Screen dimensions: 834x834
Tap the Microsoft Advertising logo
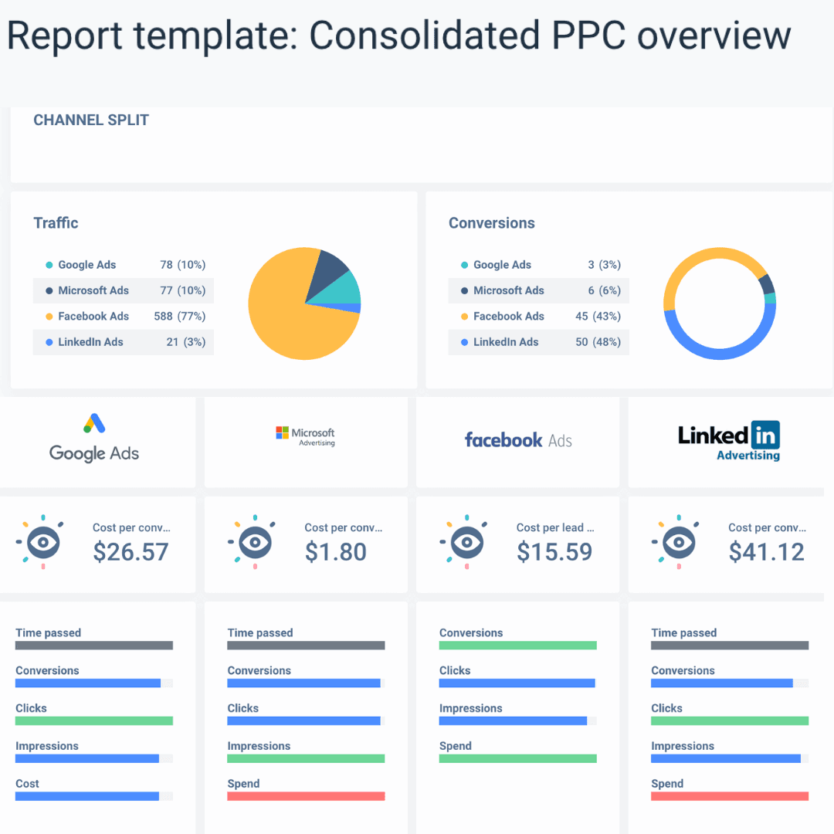pos(306,436)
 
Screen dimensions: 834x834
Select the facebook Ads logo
pos(518,440)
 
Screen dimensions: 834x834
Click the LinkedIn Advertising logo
pos(729,441)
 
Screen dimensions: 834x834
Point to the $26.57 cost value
pos(131,551)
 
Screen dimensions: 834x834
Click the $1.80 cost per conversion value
pos(336,551)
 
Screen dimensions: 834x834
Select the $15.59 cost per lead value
pos(554,551)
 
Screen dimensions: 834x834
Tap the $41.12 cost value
pos(766,551)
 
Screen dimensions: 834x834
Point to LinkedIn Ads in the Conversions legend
pos(506,342)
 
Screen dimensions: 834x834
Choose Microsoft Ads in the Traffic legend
pos(93,290)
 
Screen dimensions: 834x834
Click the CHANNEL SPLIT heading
pos(91,120)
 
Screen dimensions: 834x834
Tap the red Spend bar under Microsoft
pos(306,796)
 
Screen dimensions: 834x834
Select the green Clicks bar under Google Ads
pos(94,720)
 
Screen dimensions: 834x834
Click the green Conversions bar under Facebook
pos(518,645)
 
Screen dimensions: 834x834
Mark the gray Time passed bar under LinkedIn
pos(730,646)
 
